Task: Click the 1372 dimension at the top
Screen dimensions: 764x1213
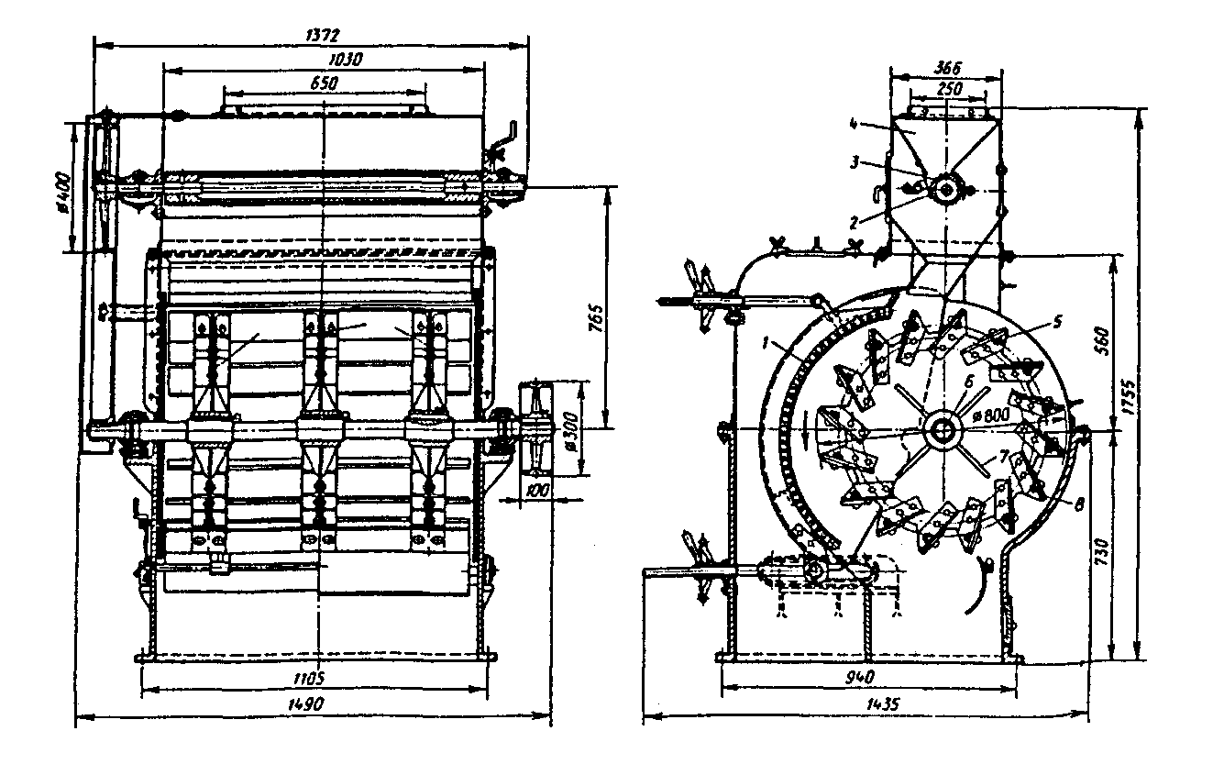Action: tap(323, 35)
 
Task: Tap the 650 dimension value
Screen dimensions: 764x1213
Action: tap(324, 83)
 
